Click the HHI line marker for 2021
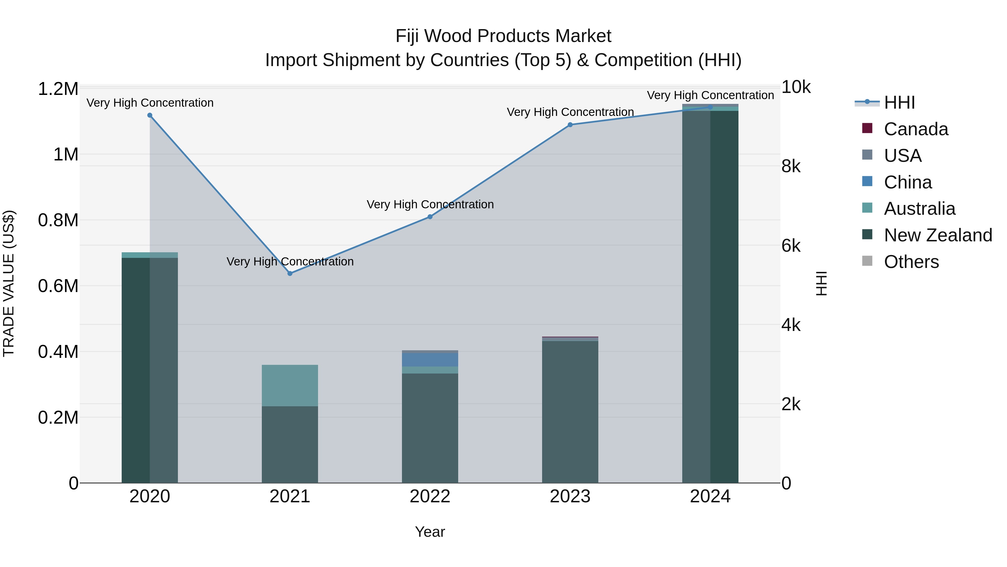click(290, 274)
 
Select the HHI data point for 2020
click(150, 115)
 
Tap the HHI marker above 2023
click(570, 125)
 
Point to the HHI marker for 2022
click(430, 217)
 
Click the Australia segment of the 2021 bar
click(290, 386)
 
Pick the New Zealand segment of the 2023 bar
click(570, 411)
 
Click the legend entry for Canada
click(916, 129)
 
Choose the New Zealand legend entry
click(937, 235)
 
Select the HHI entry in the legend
click(899, 102)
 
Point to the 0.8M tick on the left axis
click(58, 220)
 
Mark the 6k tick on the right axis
click(791, 246)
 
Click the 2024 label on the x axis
click(710, 496)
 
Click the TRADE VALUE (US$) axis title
click(9, 283)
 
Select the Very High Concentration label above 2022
click(430, 204)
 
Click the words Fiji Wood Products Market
click(503, 36)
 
